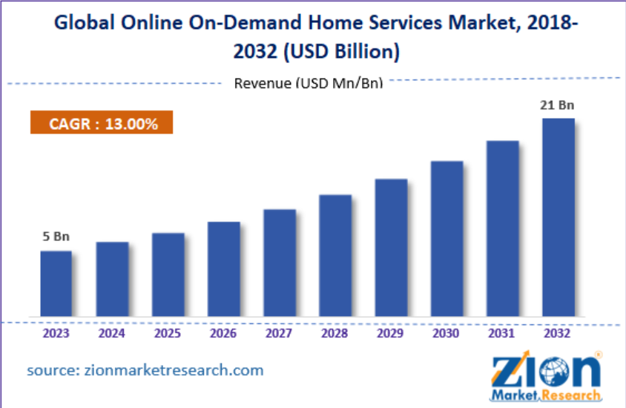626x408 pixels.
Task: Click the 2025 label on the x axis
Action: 168,334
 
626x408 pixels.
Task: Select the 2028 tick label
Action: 335,334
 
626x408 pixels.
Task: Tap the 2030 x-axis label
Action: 447,334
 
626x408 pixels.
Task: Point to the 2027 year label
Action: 280,334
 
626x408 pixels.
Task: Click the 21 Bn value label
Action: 558,106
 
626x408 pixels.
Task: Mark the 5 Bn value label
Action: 56,237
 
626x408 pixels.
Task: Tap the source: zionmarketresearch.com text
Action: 145,369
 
